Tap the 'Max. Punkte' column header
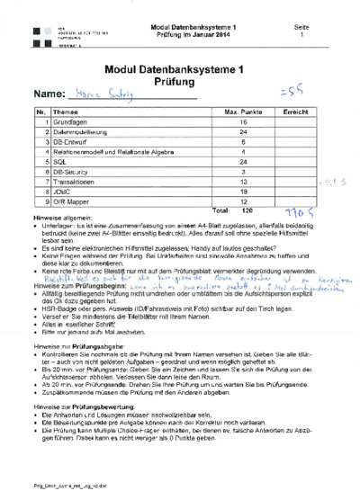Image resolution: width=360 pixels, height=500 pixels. [218, 111]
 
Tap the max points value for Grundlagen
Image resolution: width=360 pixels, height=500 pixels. [218, 121]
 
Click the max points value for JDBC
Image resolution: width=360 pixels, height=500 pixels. [218, 190]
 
